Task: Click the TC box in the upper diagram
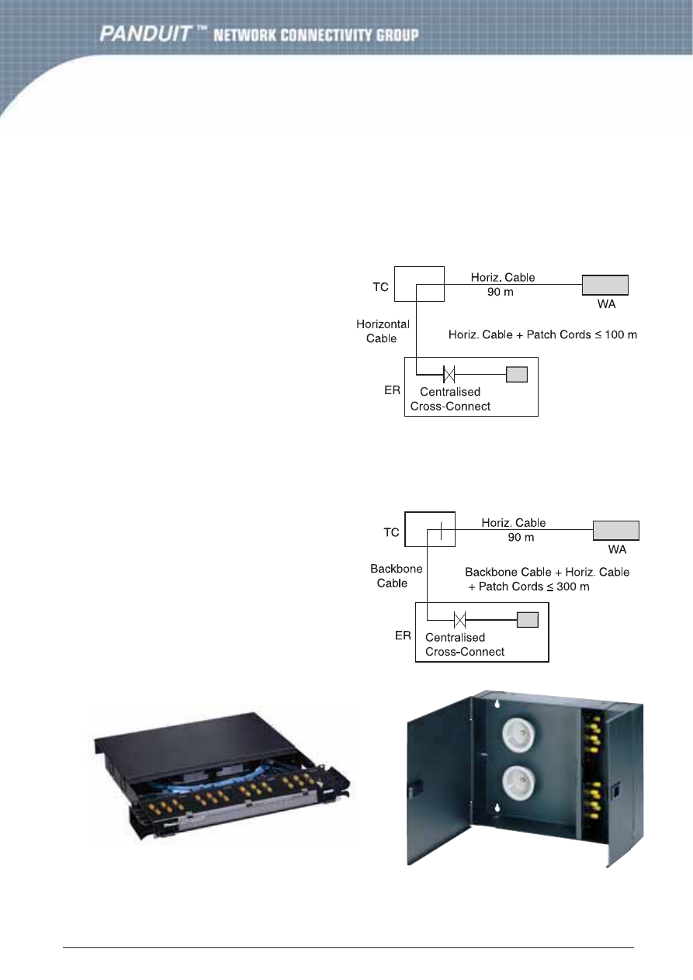coord(419,283)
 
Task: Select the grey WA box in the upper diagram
coord(605,285)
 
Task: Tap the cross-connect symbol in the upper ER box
coord(449,375)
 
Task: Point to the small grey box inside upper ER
coord(517,375)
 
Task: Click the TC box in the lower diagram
coord(430,532)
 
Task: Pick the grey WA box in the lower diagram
coord(616,531)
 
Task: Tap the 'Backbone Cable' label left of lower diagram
coord(396,576)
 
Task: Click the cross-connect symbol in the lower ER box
coord(459,619)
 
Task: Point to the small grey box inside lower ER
coord(528,619)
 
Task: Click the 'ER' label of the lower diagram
coord(403,635)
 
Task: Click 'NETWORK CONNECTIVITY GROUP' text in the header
coord(316,35)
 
